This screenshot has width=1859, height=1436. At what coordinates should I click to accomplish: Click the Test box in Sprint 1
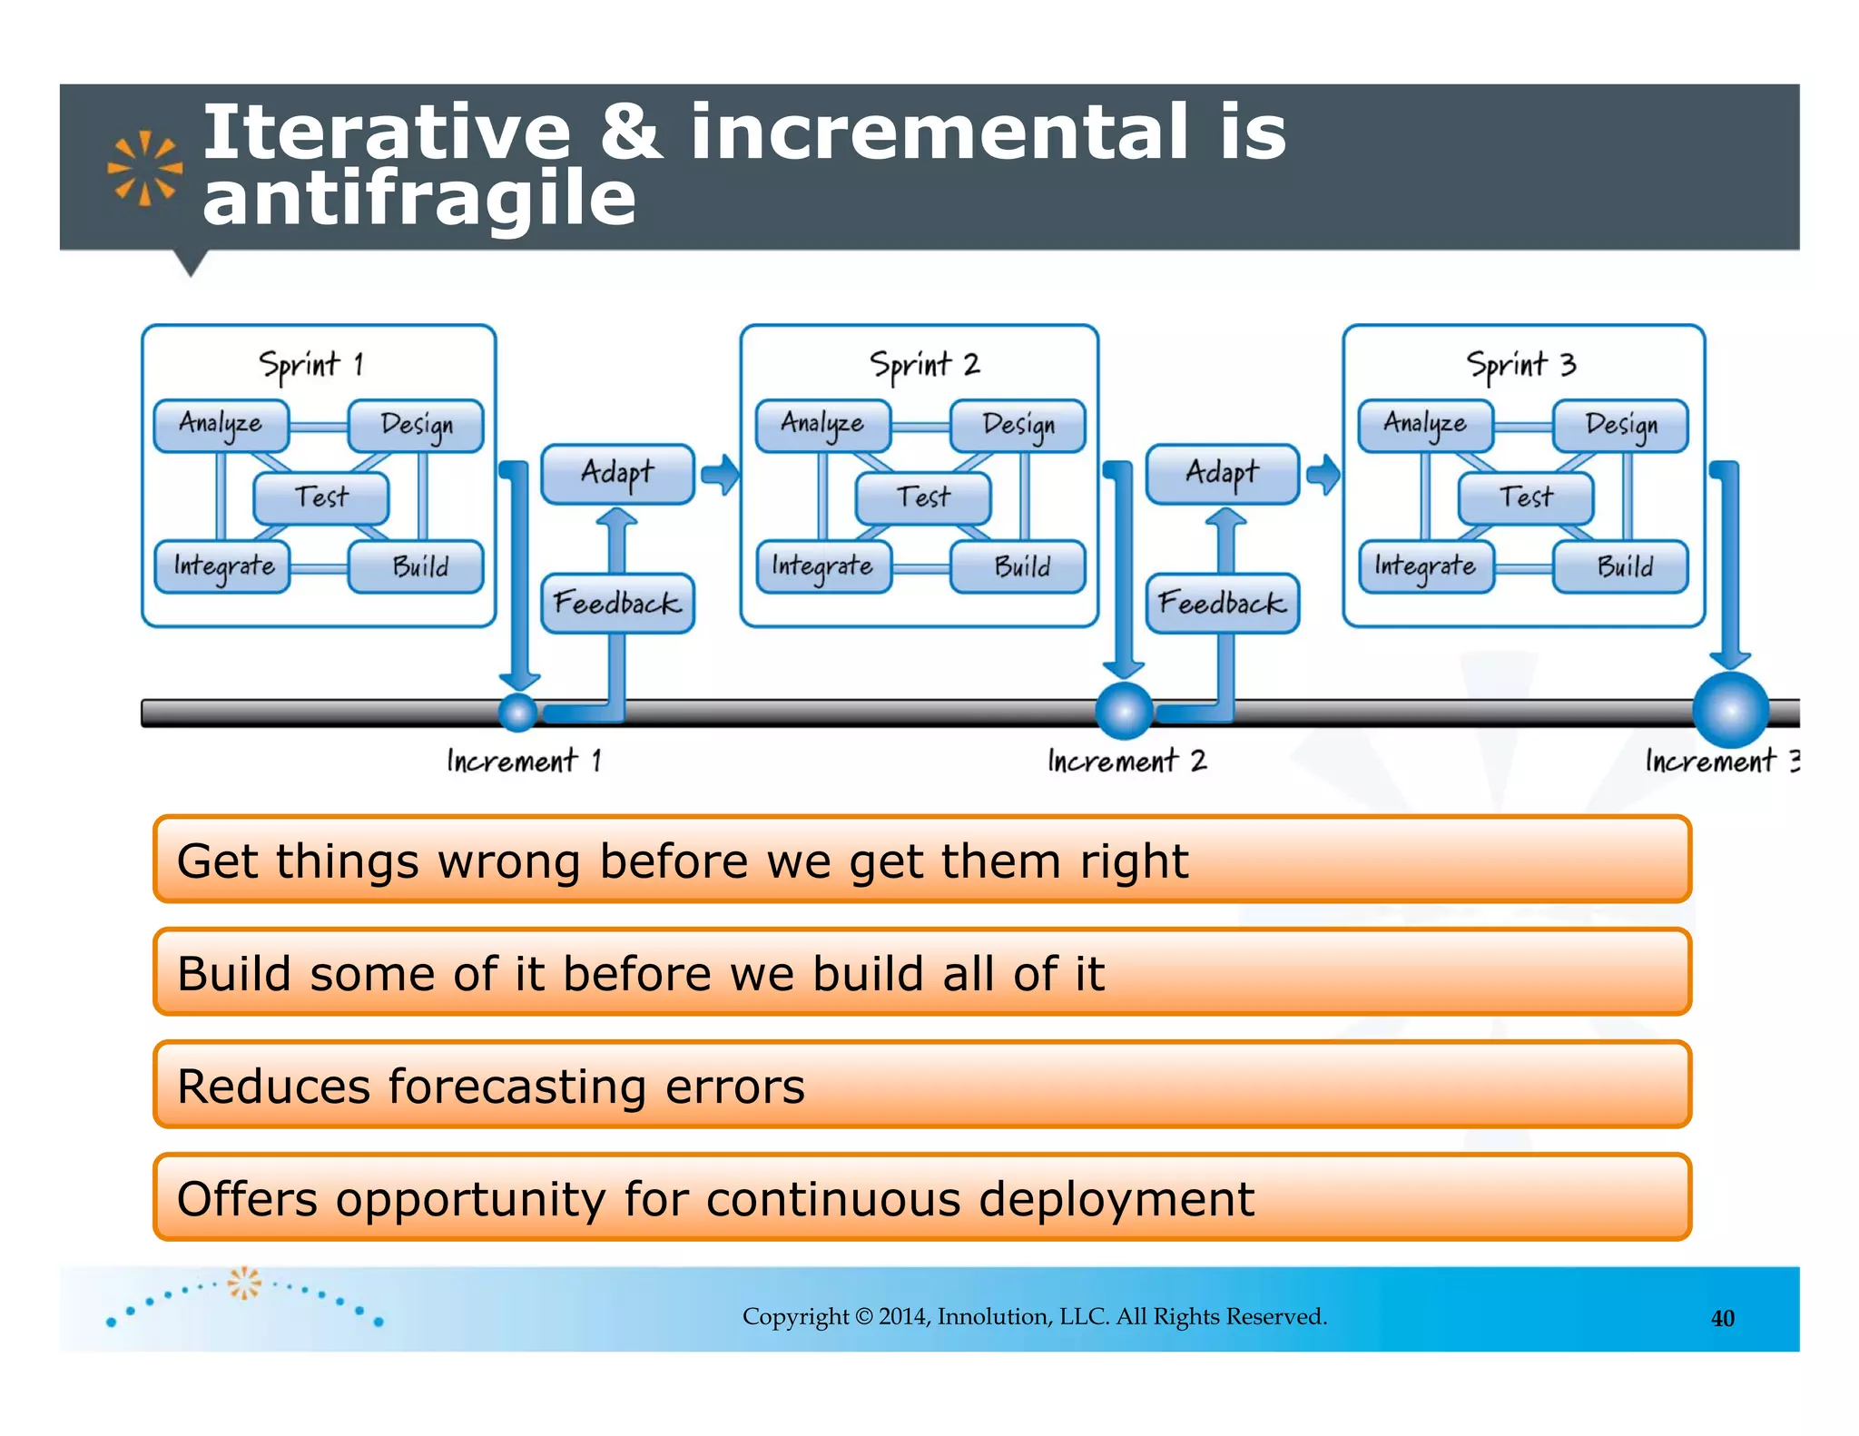pyautogui.click(x=320, y=497)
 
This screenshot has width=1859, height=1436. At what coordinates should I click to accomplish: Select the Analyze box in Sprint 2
pyautogui.click(x=822, y=425)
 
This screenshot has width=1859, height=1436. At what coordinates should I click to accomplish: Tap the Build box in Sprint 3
pyautogui.click(x=1621, y=567)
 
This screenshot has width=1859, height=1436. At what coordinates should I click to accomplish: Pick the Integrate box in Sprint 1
pyautogui.click(x=222, y=567)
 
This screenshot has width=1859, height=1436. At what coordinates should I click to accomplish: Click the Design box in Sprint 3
pyautogui.click(x=1621, y=425)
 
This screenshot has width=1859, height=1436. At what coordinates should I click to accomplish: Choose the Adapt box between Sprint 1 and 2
pyautogui.click(x=617, y=473)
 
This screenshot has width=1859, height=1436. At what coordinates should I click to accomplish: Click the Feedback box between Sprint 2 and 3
pyautogui.click(x=1222, y=603)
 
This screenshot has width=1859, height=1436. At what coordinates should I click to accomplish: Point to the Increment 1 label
pyautogui.click(x=524, y=761)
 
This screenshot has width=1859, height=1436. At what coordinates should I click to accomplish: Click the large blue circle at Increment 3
pyautogui.click(x=1730, y=710)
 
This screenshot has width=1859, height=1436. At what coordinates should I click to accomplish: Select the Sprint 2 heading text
pyautogui.click(x=924, y=365)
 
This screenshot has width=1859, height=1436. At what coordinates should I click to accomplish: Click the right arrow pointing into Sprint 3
pyautogui.click(x=1323, y=474)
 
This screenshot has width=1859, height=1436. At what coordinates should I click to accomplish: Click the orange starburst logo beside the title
pyautogui.click(x=144, y=169)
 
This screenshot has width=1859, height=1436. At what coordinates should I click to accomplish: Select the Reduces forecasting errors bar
pyautogui.click(x=921, y=1086)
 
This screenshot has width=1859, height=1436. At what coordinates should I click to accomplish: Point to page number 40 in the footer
pyautogui.click(x=1722, y=1318)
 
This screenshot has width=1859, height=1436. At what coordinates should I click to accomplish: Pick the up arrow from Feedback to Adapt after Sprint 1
pyautogui.click(x=617, y=537)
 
